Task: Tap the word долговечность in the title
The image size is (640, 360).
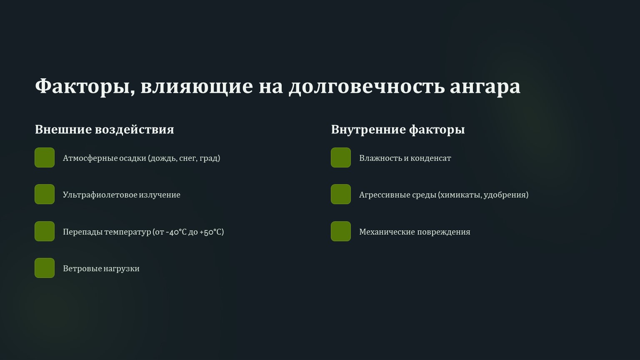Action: pos(367,86)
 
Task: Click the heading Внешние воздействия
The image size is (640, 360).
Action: pos(104,130)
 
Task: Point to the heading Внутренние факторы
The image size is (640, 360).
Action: pos(398,130)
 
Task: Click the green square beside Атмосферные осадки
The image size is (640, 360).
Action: pos(45,157)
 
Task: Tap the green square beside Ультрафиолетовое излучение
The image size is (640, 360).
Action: pos(45,194)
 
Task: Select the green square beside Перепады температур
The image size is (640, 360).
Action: pos(45,231)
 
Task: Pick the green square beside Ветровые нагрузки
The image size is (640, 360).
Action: pos(45,268)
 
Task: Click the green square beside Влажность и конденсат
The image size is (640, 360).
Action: pos(341,157)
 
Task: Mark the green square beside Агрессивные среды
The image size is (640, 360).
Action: pos(341,194)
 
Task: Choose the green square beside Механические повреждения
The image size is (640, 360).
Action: pos(341,231)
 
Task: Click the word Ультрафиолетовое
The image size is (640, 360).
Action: pos(100,195)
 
